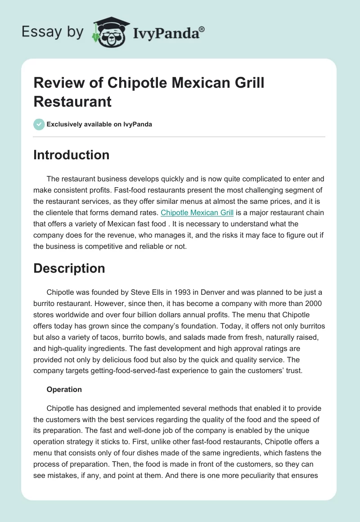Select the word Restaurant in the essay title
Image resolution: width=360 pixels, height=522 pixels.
[72, 101]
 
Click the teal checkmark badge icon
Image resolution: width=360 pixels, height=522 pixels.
[39, 124]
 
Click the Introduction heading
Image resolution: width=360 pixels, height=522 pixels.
[72, 155]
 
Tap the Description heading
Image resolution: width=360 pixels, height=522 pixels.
[69, 268]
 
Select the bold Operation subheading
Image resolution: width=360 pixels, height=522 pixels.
[64, 389]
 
